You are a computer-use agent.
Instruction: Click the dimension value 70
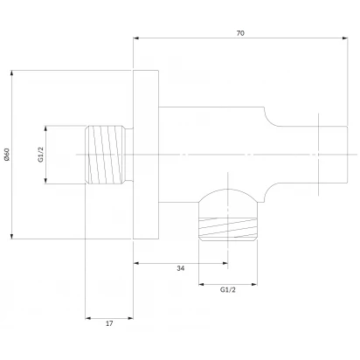tap(240, 33)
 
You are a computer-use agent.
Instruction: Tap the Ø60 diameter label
tap(7, 155)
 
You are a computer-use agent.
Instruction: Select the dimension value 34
tap(181, 268)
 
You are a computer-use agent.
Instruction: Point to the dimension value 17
tap(109, 323)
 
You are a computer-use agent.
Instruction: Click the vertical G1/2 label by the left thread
tap(41, 155)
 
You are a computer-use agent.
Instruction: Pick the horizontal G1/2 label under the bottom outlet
tap(228, 290)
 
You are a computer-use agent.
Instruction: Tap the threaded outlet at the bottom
tap(228, 229)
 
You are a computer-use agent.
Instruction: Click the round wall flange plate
tap(146, 155)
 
